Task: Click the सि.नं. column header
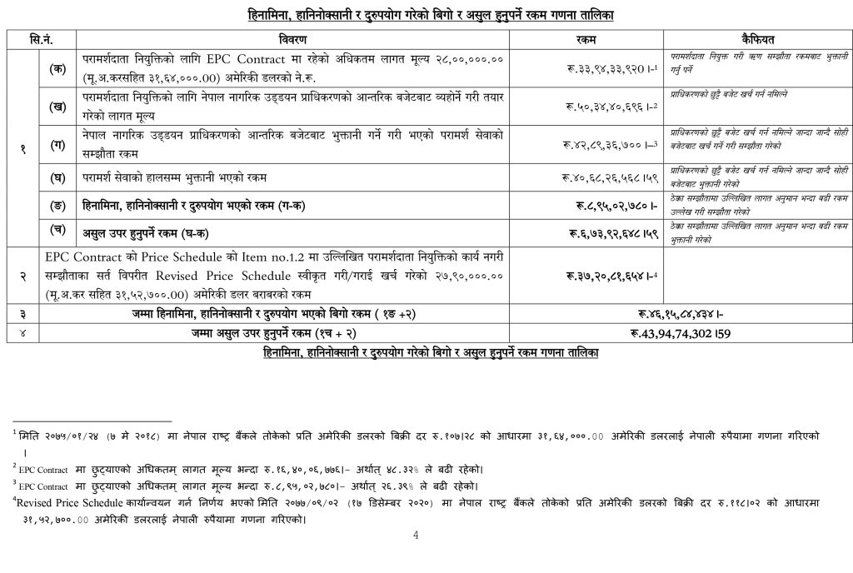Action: tap(42, 40)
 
